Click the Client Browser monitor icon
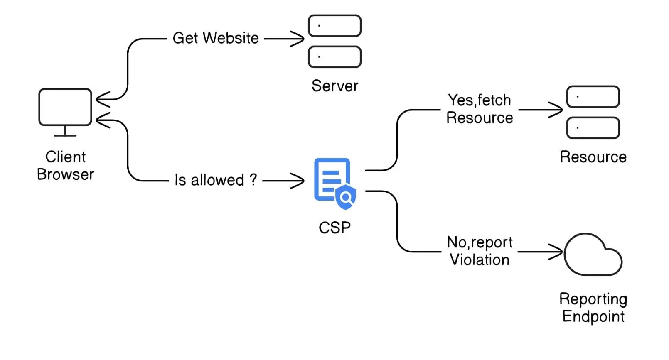65,108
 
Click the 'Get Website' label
216,38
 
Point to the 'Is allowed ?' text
216,180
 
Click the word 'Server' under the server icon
334,86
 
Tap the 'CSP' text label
334,228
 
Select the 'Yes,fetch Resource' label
480,109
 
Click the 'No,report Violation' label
480,251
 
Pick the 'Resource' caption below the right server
593,157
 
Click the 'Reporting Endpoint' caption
593,307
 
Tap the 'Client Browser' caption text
65,166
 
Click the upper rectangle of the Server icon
334,26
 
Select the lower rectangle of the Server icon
334,57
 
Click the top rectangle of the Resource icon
593,97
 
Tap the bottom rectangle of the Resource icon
593,128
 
